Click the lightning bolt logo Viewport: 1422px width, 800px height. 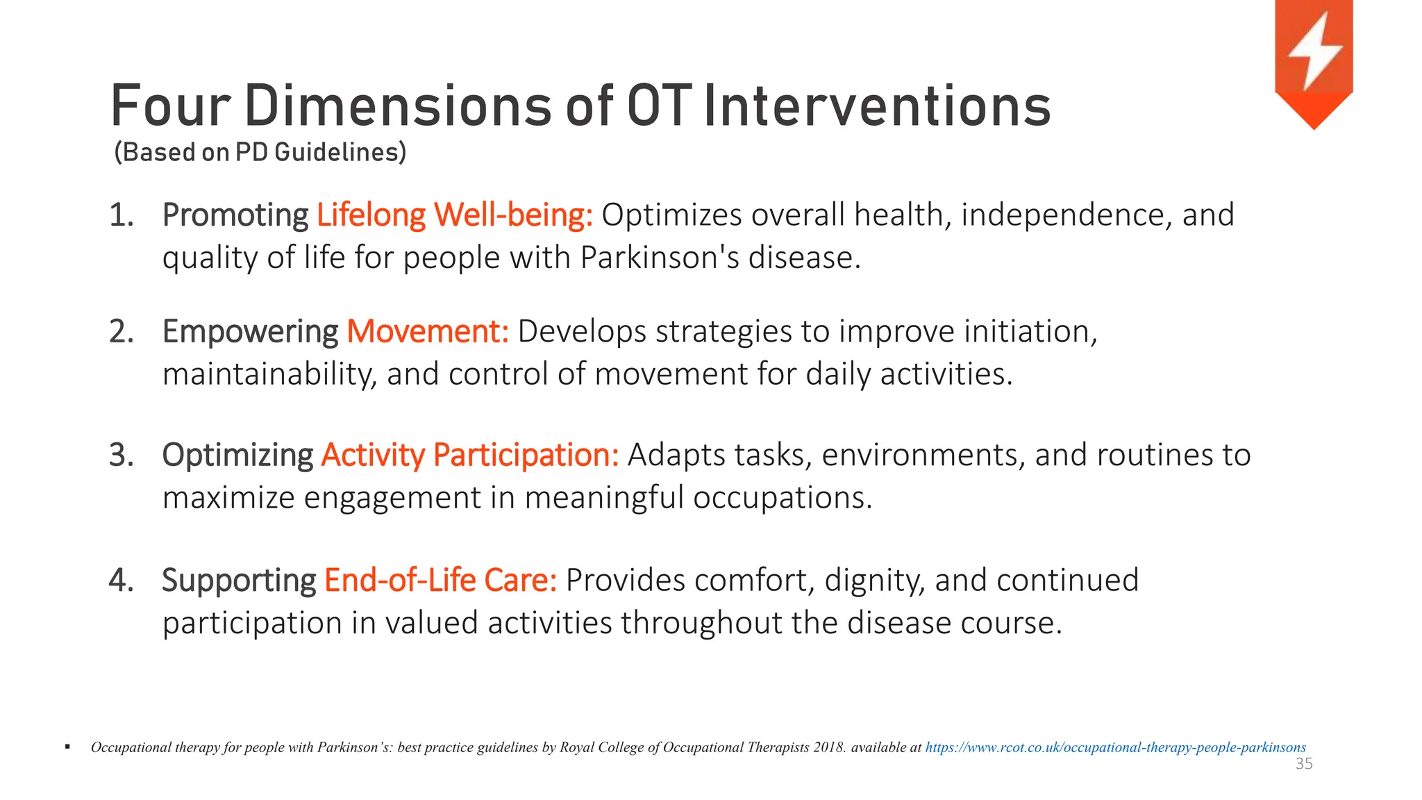(1314, 56)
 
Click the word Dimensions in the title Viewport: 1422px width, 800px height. (398, 106)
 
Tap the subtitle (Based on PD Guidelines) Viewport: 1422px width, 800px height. (260, 152)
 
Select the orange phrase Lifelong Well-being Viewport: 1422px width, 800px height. (454, 215)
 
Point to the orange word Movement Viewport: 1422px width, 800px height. (428, 331)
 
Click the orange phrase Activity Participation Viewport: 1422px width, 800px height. (469, 456)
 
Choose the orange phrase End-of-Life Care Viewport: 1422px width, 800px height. (440, 580)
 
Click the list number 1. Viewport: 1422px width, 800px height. (121, 215)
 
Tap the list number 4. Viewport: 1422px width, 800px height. (121, 580)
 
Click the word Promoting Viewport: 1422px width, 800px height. (235, 215)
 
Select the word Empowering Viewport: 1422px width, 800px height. (250, 332)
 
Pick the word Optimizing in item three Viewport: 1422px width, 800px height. (237, 456)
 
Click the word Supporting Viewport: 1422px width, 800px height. (239, 581)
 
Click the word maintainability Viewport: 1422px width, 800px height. (269, 374)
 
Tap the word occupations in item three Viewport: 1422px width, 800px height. (781, 498)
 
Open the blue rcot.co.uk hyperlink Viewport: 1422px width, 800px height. (1115, 748)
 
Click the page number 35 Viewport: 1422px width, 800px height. (1304, 765)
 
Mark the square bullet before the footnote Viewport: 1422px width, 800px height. (67, 747)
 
